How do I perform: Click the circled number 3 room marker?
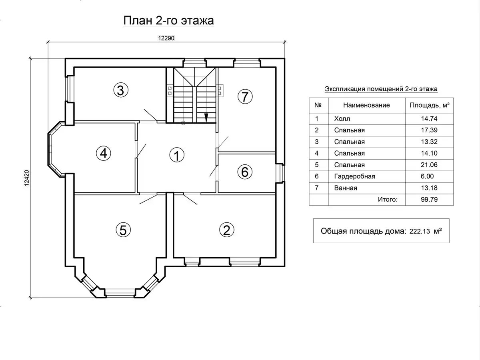[x=121, y=90]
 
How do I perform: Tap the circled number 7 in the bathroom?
[x=245, y=97]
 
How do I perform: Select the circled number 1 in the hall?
[x=177, y=155]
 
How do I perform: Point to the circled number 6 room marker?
[x=245, y=172]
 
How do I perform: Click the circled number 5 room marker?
[x=123, y=230]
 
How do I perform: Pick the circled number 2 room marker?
[x=226, y=230]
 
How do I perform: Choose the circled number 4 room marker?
[x=104, y=153]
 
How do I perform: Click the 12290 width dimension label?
[x=166, y=38]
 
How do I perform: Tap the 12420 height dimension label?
[x=27, y=178]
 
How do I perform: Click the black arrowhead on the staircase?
[x=206, y=118]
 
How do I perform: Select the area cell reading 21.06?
[x=429, y=164]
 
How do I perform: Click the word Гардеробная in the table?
[x=354, y=176]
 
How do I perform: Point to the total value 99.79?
[x=429, y=199]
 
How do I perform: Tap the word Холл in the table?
[x=342, y=119]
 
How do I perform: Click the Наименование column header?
[x=366, y=105]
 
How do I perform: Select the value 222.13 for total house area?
[x=420, y=231]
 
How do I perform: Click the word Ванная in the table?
[x=346, y=188]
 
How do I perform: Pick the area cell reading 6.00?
[x=427, y=176]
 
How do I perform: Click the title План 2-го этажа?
[x=169, y=21]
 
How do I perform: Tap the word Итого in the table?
[x=388, y=199]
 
